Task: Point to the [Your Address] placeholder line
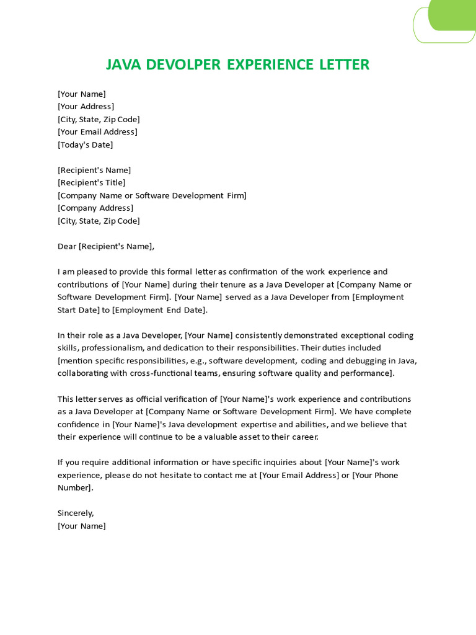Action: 86,106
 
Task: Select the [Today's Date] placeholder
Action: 85,144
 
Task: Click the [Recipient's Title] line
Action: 91,182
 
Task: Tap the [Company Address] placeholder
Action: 95,208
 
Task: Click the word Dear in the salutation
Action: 67,246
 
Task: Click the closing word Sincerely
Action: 76,513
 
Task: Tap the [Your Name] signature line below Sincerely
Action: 82,526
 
